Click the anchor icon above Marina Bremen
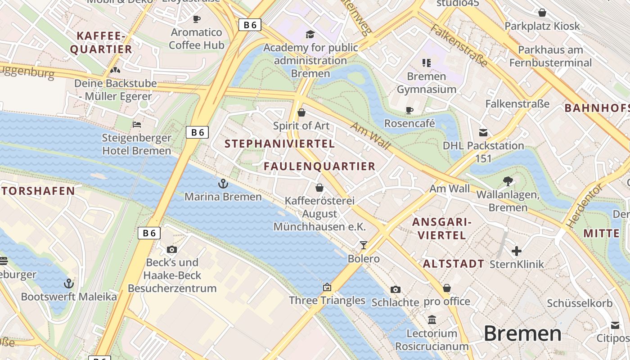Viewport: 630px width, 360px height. click(223, 184)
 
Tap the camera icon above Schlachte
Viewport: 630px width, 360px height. click(396, 289)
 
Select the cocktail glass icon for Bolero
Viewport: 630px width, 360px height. click(364, 245)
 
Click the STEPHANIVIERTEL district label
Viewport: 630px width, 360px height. click(279, 144)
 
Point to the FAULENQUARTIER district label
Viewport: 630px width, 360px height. click(319, 166)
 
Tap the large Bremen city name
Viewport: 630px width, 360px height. click(522, 334)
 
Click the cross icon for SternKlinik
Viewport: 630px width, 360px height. click(517, 251)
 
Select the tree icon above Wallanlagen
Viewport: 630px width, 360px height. click(508, 181)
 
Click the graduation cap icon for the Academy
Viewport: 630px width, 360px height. click(310, 35)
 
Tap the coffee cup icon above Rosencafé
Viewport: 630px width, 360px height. click(409, 110)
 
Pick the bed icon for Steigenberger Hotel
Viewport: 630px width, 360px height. click(137, 125)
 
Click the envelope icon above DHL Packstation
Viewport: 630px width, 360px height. click(483, 133)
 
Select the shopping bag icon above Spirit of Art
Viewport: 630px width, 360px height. click(301, 112)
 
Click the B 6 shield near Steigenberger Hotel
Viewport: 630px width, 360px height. click(197, 132)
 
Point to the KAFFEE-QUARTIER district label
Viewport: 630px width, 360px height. click(101, 43)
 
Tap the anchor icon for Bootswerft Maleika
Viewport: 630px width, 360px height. click(69, 283)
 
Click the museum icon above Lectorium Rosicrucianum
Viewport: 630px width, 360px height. click(432, 320)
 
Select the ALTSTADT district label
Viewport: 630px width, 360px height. click(454, 264)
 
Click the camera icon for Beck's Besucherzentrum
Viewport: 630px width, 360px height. click(172, 249)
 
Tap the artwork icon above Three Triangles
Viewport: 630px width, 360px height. click(327, 287)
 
